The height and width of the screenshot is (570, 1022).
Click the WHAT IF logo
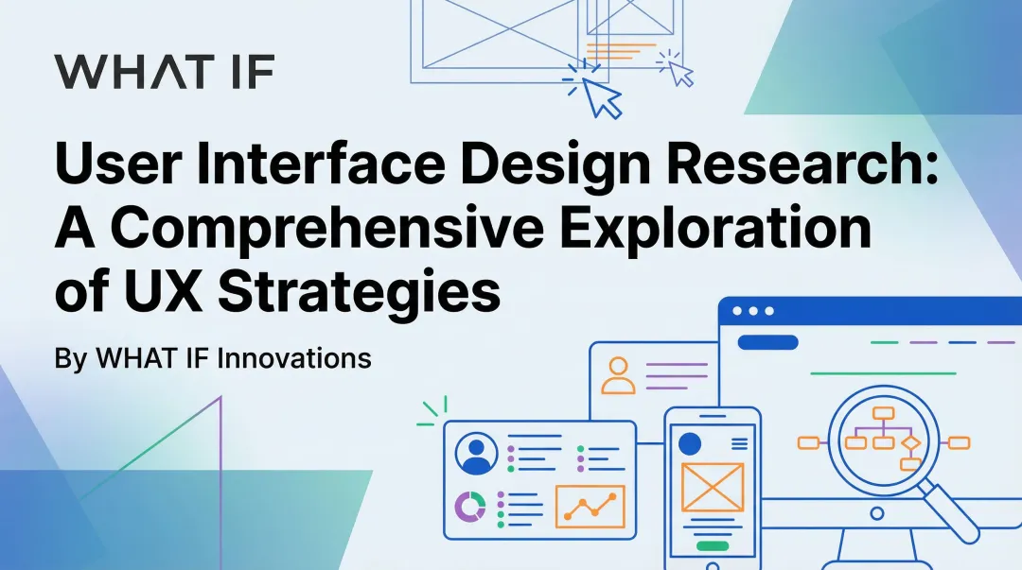tap(164, 71)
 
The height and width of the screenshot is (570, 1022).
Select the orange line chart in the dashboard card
tap(590, 507)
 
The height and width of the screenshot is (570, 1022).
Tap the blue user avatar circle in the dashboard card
tap(476, 454)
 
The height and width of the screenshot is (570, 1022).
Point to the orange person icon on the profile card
tap(619, 374)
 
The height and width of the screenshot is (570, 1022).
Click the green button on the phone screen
tap(712, 545)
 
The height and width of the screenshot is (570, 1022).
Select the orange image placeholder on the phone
tap(712, 487)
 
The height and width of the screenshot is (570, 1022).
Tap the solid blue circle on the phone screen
tap(691, 442)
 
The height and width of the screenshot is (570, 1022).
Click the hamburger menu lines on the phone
tap(739, 442)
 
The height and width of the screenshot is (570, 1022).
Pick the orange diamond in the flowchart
tap(910, 441)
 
